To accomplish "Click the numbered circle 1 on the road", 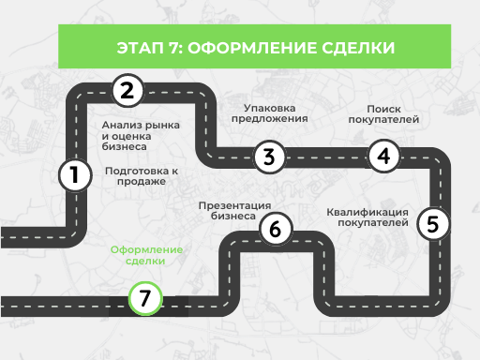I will pos(74,174).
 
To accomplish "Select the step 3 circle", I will pos(268,157).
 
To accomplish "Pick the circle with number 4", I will pos(382,156).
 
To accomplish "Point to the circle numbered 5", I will pos(431,223).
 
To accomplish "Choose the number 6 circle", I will pos(275,228).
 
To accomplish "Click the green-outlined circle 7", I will pos(143,299).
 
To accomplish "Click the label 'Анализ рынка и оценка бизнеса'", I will pos(140,136).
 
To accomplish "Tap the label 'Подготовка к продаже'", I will pos(142,176).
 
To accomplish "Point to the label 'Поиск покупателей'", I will pos(382,114).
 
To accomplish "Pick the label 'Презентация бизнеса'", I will pos(234,210).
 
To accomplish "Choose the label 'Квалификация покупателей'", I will pos(368,217).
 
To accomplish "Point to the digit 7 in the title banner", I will pos(173,46).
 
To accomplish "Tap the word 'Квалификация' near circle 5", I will pos(368,211).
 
